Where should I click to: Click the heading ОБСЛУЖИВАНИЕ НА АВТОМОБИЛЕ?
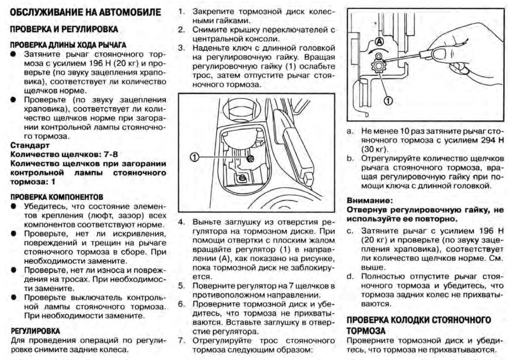(x=85, y=13)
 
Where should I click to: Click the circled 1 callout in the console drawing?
(x=194, y=156)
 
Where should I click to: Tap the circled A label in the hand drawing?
(x=379, y=41)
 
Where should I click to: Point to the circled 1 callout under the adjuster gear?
(x=387, y=100)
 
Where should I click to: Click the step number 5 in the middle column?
(x=181, y=286)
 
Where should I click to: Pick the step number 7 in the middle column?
(x=181, y=340)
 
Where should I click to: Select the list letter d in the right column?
(x=350, y=276)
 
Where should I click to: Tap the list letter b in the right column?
(x=350, y=159)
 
